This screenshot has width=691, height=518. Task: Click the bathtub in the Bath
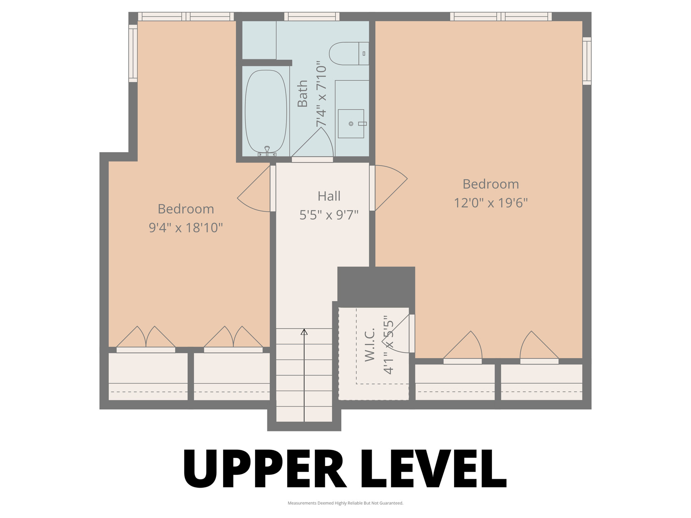[266, 111]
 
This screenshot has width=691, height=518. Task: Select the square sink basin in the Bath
[351, 124]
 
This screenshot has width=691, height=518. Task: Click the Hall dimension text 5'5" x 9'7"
[329, 215]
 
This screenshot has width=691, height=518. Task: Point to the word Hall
[329, 196]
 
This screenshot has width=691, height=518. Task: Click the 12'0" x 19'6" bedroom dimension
[491, 203]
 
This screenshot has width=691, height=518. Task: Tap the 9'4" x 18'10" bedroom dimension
[186, 228]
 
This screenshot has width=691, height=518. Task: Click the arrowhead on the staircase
[304, 332]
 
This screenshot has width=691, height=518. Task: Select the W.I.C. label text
[370, 344]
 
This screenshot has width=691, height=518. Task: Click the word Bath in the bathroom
[303, 93]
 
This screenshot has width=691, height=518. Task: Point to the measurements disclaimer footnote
[345, 503]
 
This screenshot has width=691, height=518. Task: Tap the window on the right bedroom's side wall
[587, 61]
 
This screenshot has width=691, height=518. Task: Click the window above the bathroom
[312, 17]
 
